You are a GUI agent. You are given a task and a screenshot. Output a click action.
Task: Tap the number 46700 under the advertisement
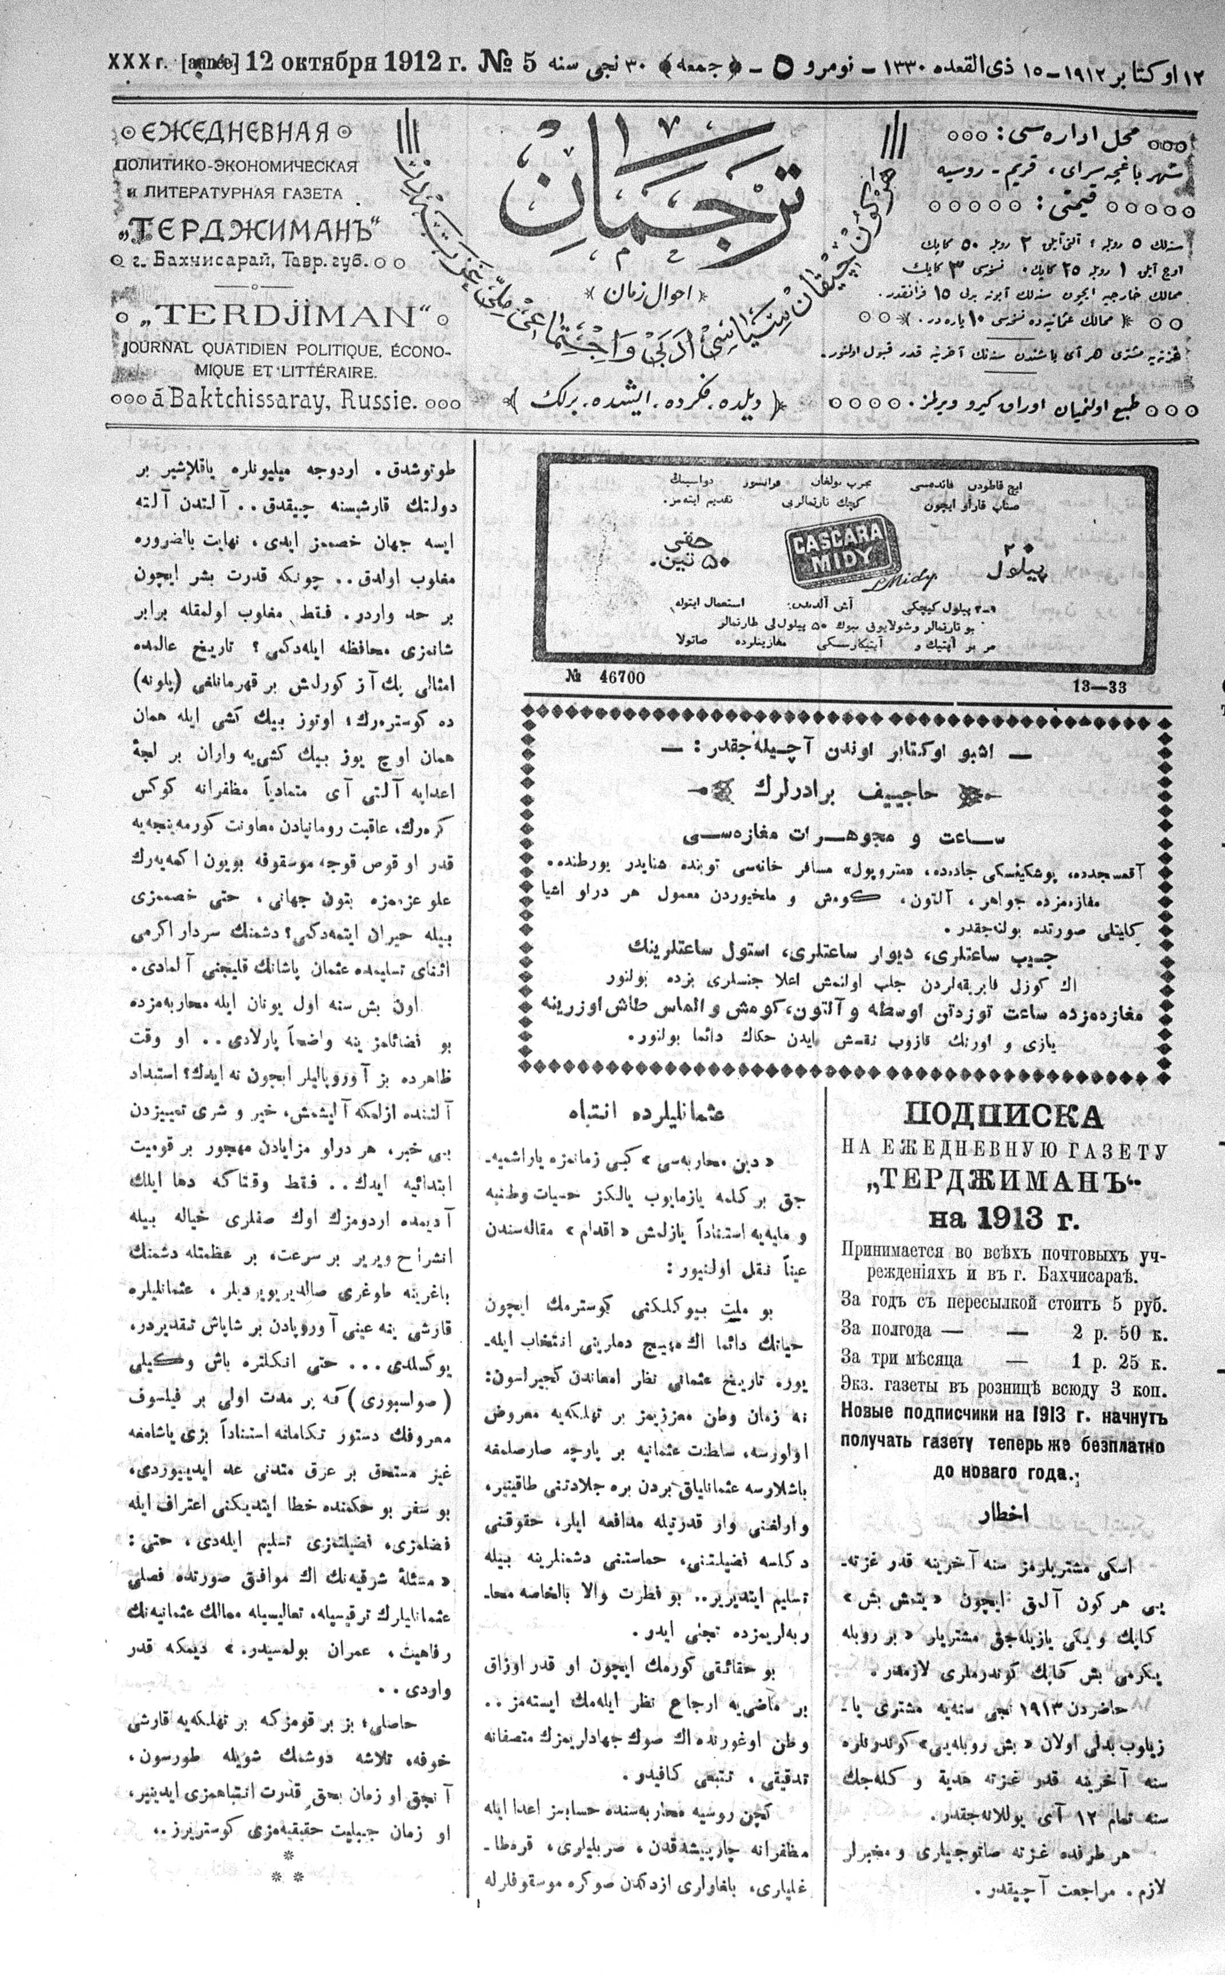point(608,679)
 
